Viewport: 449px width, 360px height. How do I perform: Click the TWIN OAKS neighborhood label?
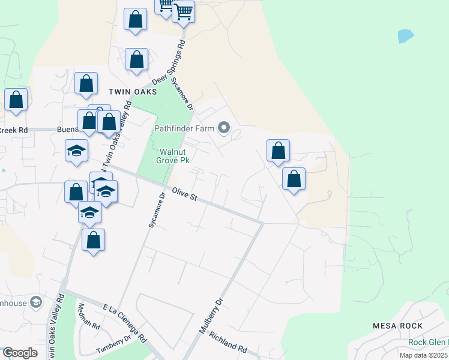point(133,92)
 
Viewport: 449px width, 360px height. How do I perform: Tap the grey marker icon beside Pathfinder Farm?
point(224,128)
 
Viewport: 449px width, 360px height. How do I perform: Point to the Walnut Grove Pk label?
point(173,156)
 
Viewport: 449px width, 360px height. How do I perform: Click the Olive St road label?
point(185,194)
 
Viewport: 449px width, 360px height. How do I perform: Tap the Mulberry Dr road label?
point(211,316)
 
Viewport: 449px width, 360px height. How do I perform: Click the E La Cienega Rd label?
point(125,322)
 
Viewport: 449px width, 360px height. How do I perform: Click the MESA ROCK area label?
point(397,326)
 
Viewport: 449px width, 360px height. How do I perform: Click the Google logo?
point(20,353)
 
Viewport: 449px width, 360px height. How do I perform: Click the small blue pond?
point(406,36)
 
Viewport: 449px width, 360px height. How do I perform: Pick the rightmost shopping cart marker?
point(183,11)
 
